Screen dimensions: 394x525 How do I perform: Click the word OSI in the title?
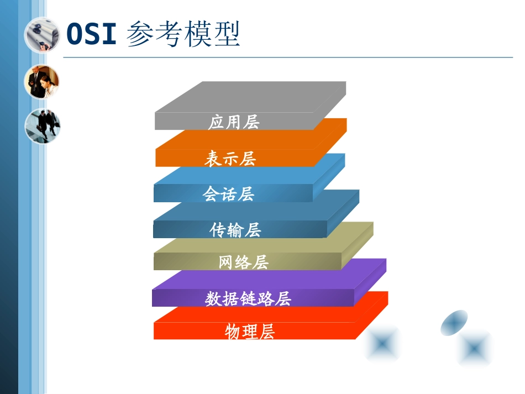tap(92, 34)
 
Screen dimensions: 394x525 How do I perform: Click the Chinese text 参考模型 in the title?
tap(183, 34)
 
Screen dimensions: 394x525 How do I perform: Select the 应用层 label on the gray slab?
tap(234, 122)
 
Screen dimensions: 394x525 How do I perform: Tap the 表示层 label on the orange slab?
tap(230, 159)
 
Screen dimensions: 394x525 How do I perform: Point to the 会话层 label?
tap(228, 194)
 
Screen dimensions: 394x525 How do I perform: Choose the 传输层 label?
tap(235, 230)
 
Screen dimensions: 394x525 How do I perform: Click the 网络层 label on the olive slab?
tap(244, 262)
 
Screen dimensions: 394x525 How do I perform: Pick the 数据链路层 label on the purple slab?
tap(248, 299)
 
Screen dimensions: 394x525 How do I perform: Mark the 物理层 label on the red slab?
tap(250, 332)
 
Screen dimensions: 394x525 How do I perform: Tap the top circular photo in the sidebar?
tap(42, 35)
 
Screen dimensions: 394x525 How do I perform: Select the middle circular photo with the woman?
tap(42, 82)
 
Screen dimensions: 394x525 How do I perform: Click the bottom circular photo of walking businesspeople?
tap(43, 126)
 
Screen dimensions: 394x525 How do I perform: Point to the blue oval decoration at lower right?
tap(454, 322)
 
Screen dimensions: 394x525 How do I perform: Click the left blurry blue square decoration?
tap(382, 343)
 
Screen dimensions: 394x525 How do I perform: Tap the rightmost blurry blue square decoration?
tap(475, 348)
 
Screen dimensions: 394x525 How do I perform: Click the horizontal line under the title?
tap(287, 57)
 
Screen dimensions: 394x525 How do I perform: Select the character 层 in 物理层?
tap(267, 332)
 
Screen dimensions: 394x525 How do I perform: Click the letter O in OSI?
tap(75, 34)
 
